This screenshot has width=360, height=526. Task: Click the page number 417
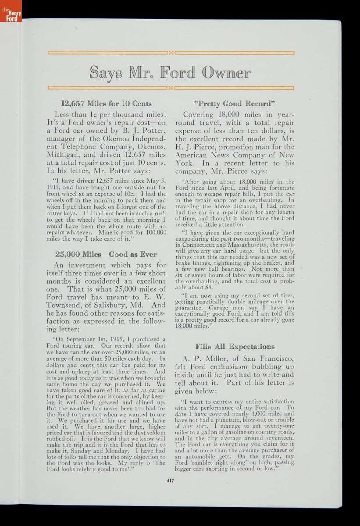tap(171, 480)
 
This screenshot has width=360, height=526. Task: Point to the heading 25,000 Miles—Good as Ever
tap(106, 254)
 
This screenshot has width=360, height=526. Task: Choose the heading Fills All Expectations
tap(235, 347)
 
